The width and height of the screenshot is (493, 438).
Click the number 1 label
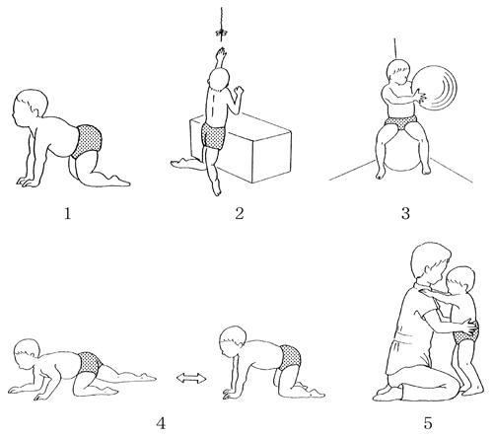[x=67, y=214]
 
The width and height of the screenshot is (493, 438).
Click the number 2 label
[x=240, y=214]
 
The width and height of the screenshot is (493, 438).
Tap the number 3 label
[x=405, y=214]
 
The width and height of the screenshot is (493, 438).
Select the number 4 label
[x=161, y=424]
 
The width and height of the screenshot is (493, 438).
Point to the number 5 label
[x=428, y=423]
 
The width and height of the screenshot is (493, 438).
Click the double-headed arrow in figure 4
[x=191, y=379]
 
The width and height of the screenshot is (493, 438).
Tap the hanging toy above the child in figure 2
[x=222, y=33]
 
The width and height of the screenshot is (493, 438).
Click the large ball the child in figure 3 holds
[x=433, y=88]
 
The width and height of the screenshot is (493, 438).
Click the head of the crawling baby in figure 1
[x=31, y=106]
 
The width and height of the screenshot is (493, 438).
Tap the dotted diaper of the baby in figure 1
[x=86, y=141]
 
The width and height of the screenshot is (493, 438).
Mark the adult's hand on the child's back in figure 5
[x=470, y=327]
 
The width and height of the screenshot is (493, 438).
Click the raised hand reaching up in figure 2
[x=221, y=52]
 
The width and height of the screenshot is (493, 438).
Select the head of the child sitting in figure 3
[x=398, y=73]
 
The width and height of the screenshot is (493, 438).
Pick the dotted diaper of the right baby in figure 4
[x=289, y=356]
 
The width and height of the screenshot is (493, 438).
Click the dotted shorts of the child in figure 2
[x=213, y=136]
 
